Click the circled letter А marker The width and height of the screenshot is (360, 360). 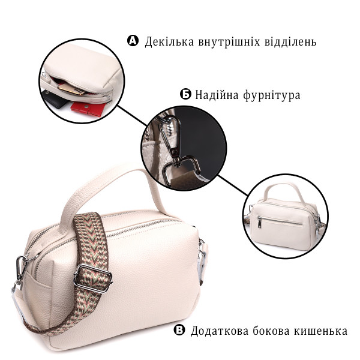133,41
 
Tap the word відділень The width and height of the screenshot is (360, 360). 289,41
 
